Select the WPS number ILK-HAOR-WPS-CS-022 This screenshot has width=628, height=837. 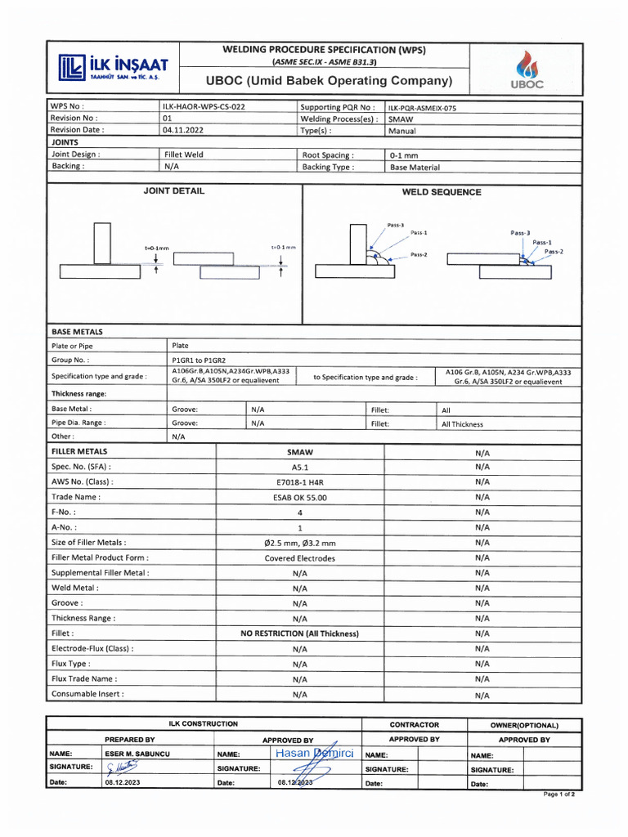coord(204,106)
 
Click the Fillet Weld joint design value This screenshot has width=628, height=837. coord(184,154)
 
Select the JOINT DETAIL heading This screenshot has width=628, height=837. coord(173,190)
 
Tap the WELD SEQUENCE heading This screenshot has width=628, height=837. coord(442,192)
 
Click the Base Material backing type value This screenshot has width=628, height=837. coord(414,167)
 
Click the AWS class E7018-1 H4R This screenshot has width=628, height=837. coord(299,482)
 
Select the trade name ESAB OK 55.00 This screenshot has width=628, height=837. coord(299,497)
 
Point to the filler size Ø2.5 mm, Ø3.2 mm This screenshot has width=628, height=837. coord(299,543)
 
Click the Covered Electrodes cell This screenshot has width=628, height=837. coord(299,558)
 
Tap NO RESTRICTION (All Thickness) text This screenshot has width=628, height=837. coord(299,633)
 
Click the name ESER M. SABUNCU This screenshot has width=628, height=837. coord(137,754)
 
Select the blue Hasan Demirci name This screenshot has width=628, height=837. coord(314,753)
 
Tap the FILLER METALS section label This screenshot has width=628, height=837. coord(79,451)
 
